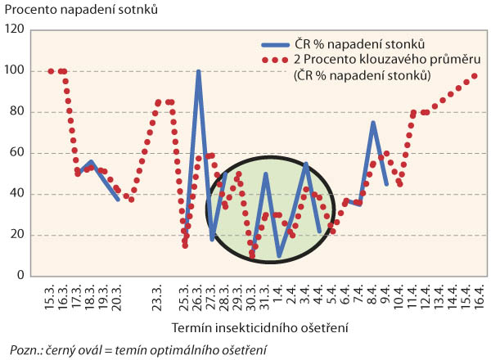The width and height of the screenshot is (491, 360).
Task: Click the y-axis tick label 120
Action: tap(15, 29)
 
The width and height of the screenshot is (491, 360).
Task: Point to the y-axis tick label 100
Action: tap(15, 70)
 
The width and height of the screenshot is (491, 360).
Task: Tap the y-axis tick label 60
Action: tap(17, 152)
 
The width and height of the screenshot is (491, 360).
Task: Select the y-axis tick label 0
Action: tap(20, 276)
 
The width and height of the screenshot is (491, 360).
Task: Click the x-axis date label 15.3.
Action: tap(52, 297)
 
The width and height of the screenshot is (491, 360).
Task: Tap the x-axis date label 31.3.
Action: tap(266, 297)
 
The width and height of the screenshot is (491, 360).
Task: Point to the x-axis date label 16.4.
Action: tap(476, 297)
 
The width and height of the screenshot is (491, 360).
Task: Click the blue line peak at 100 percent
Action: tap(198, 72)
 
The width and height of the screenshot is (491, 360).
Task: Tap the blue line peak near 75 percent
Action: tap(373, 123)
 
